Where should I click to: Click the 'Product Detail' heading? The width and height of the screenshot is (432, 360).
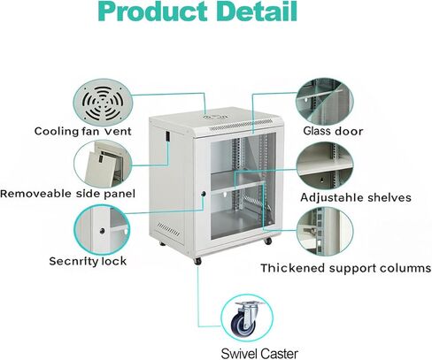198,11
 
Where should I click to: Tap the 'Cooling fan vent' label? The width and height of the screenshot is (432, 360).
83,131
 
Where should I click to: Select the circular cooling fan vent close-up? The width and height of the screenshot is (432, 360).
103,102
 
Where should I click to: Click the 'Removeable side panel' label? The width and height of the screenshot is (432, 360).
67,194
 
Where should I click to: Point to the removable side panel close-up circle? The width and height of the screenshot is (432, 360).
103,164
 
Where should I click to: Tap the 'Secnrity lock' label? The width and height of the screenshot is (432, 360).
88,261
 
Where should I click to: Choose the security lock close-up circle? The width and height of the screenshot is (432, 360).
102,229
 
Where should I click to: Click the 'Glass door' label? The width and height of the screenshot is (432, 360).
333,131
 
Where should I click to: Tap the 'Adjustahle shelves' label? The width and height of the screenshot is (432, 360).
356,197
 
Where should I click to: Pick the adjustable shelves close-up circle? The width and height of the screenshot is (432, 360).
325,165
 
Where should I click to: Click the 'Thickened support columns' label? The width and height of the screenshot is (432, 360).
345,268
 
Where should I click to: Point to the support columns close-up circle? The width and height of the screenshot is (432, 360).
325,231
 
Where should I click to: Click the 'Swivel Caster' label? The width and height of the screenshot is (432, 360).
259,353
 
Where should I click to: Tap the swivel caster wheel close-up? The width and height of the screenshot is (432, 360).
247,318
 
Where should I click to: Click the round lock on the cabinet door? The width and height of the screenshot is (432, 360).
204,194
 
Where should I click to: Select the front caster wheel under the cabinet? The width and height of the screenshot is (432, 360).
197,261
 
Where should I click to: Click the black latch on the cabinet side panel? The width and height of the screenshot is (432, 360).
168,136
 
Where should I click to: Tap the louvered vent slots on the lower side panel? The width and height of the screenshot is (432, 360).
168,230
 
